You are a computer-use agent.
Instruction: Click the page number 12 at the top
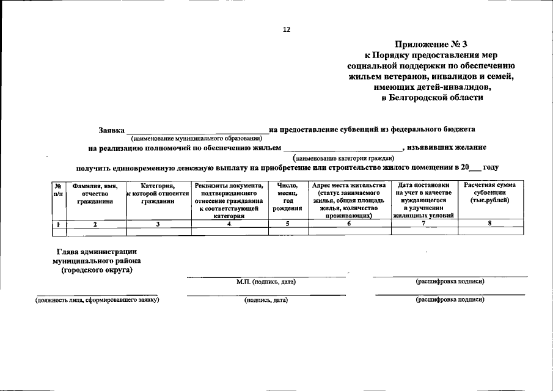coord(286,29)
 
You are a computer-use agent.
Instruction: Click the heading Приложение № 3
coord(431,43)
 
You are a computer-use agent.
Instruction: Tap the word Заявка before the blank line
coord(112,130)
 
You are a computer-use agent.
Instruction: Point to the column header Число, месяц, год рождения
coord(288,197)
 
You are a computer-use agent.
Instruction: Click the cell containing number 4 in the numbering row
coord(229,224)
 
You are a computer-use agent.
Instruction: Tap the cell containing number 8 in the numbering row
coord(489,224)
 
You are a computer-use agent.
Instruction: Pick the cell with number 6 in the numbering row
coord(349,224)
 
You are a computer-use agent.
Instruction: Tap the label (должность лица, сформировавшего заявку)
coord(97,300)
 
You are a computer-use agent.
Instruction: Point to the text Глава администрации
coord(97,252)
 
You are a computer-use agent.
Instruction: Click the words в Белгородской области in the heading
coord(431,98)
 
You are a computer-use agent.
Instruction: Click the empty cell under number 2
coord(95,232)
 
